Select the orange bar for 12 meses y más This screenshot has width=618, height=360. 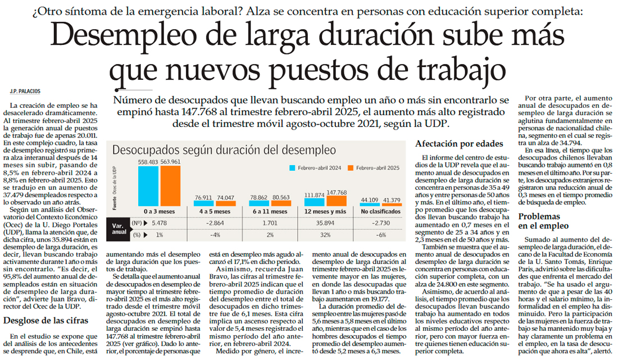pos(337,200)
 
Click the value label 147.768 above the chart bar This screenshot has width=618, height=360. pos(337,192)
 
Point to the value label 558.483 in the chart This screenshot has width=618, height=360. pos(148,162)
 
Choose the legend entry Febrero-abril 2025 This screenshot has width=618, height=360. pos(374,167)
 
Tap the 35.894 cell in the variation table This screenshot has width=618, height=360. pos(326,223)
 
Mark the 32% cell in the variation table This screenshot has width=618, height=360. pos(326,234)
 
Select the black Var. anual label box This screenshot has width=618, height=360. pos(119,229)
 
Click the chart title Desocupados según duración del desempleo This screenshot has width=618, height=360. pos(224,150)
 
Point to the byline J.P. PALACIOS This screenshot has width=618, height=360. pos(25,91)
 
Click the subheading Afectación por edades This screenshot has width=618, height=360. pos(459,144)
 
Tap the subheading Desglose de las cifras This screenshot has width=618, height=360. pos(45,321)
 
